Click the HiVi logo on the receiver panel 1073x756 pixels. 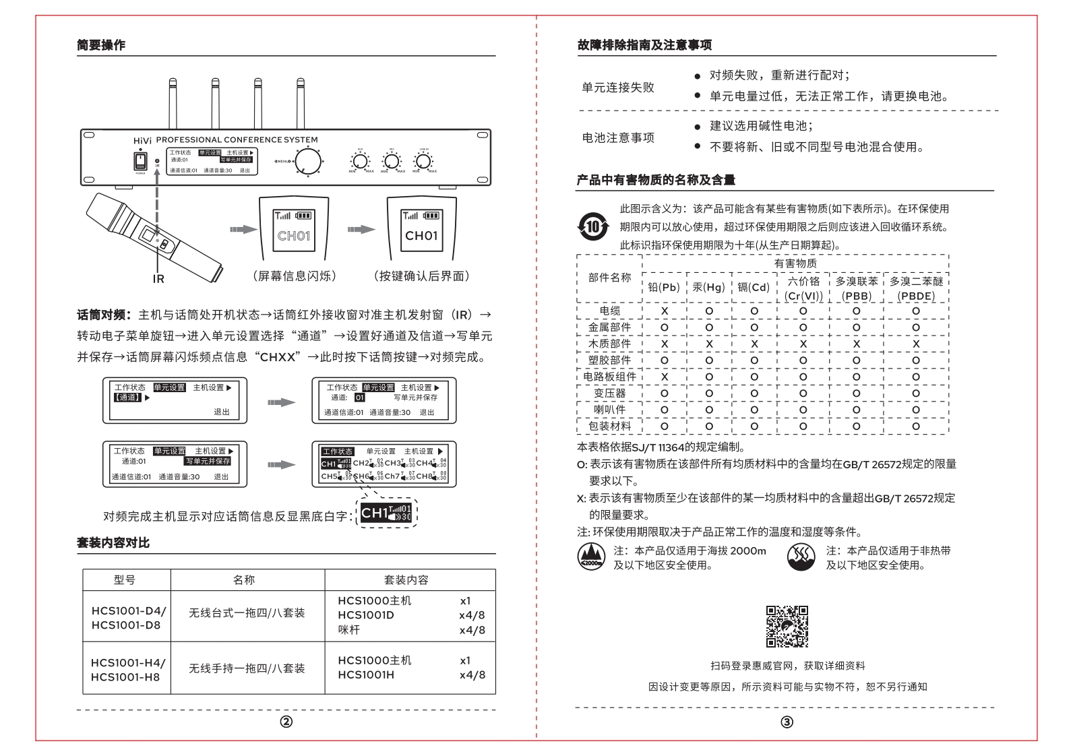pyautogui.click(x=142, y=140)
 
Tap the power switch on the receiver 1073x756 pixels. pyautogui.click(x=140, y=160)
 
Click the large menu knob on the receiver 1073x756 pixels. pyautogui.click(x=309, y=161)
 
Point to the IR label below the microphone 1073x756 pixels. pyautogui.click(x=158, y=278)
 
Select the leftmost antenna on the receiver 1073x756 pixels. pyautogui.click(x=172, y=104)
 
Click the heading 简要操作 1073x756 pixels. pyautogui.click(x=100, y=45)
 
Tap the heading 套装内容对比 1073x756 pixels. pyautogui.click(x=113, y=542)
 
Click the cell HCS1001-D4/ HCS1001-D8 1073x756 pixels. pyautogui.click(x=127, y=618)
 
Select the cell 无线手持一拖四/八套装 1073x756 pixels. pyautogui.click(x=247, y=668)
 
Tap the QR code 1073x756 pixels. pyautogui.click(x=787, y=626)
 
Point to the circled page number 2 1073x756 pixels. pyautogui.click(x=286, y=722)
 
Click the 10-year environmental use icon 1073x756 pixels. pyautogui.click(x=592, y=226)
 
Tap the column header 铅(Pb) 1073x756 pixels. pyautogui.click(x=664, y=287)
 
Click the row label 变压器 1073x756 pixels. pyautogui.click(x=609, y=393)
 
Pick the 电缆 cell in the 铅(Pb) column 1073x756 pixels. pyautogui.click(x=665, y=311)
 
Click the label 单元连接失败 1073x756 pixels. pyautogui.click(x=618, y=87)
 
